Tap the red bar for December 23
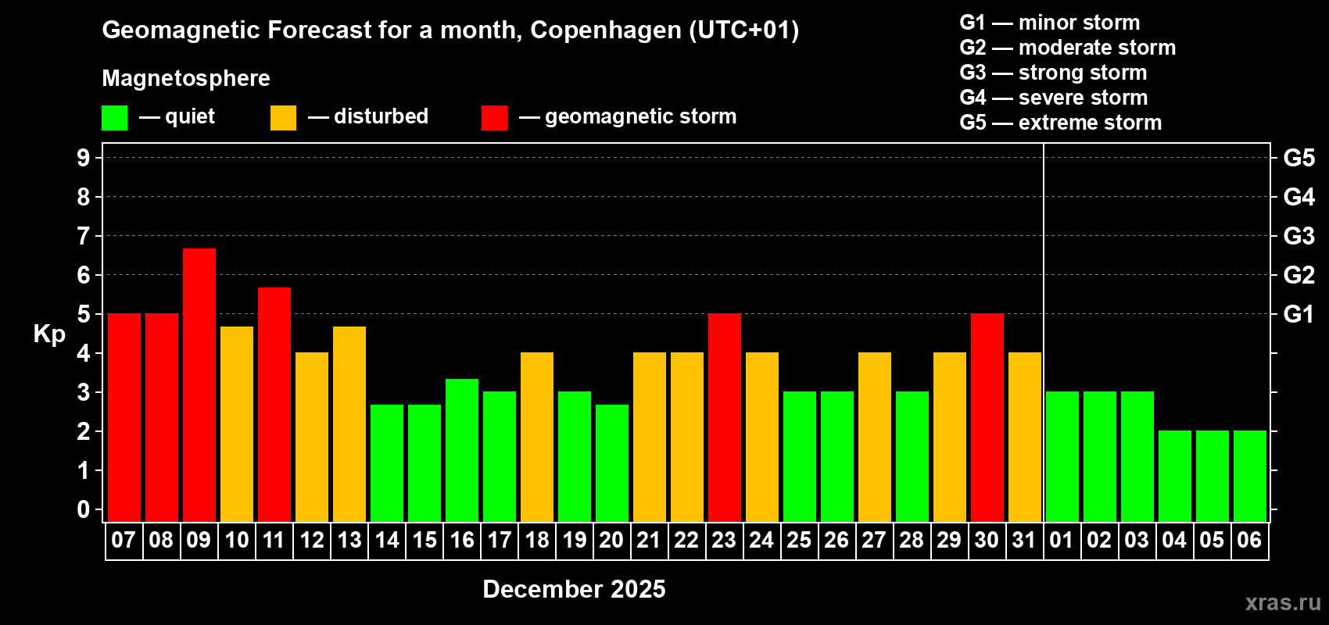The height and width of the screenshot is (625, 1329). click(725, 417)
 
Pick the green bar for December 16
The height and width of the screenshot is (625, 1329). click(462, 450)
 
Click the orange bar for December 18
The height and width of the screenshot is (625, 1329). click(537, 437)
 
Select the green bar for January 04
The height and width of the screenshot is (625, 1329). click(1175, 476)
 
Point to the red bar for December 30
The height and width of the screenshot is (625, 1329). click(987, 417)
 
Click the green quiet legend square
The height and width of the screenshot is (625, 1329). click(115, 118)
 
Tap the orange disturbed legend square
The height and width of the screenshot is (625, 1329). click(283, 118)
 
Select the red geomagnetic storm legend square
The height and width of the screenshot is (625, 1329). click(494, 118)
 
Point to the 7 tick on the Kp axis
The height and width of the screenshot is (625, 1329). click(84, 236)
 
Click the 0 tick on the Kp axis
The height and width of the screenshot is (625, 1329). click(84, 509)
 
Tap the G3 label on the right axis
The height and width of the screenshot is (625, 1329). click(1299, 236)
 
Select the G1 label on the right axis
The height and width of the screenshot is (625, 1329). click(1299, 314)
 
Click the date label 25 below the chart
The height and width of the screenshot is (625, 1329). click(799, 541)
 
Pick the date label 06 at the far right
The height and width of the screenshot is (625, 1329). click(1249, 541)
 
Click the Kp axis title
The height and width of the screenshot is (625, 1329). click(49, 334)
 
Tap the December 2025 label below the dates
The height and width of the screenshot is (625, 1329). click(574, 589)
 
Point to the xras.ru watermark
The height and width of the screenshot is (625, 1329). click(1283, 602)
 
